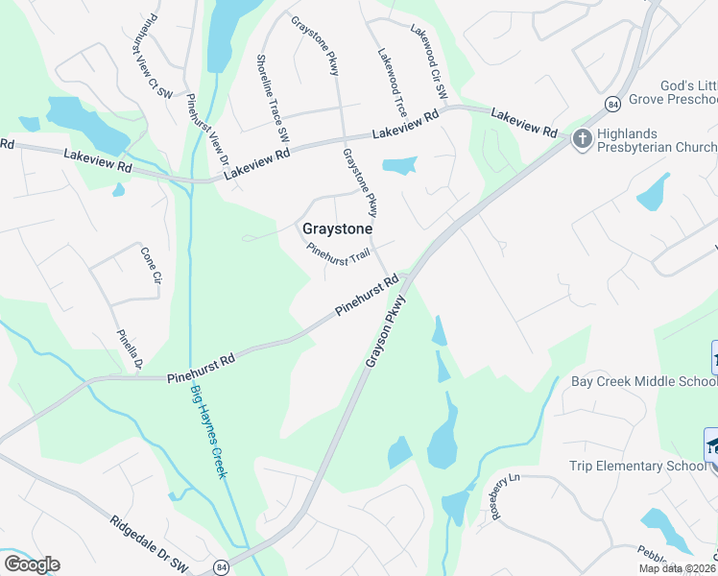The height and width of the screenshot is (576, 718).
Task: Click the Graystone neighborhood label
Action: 337,228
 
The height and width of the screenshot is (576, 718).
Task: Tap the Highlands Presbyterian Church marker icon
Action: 582,140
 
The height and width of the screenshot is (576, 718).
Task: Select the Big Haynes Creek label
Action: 208,431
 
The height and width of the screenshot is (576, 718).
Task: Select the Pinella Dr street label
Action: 130,350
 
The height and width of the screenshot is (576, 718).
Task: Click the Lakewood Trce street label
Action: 393,84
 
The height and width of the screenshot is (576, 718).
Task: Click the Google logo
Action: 32,564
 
